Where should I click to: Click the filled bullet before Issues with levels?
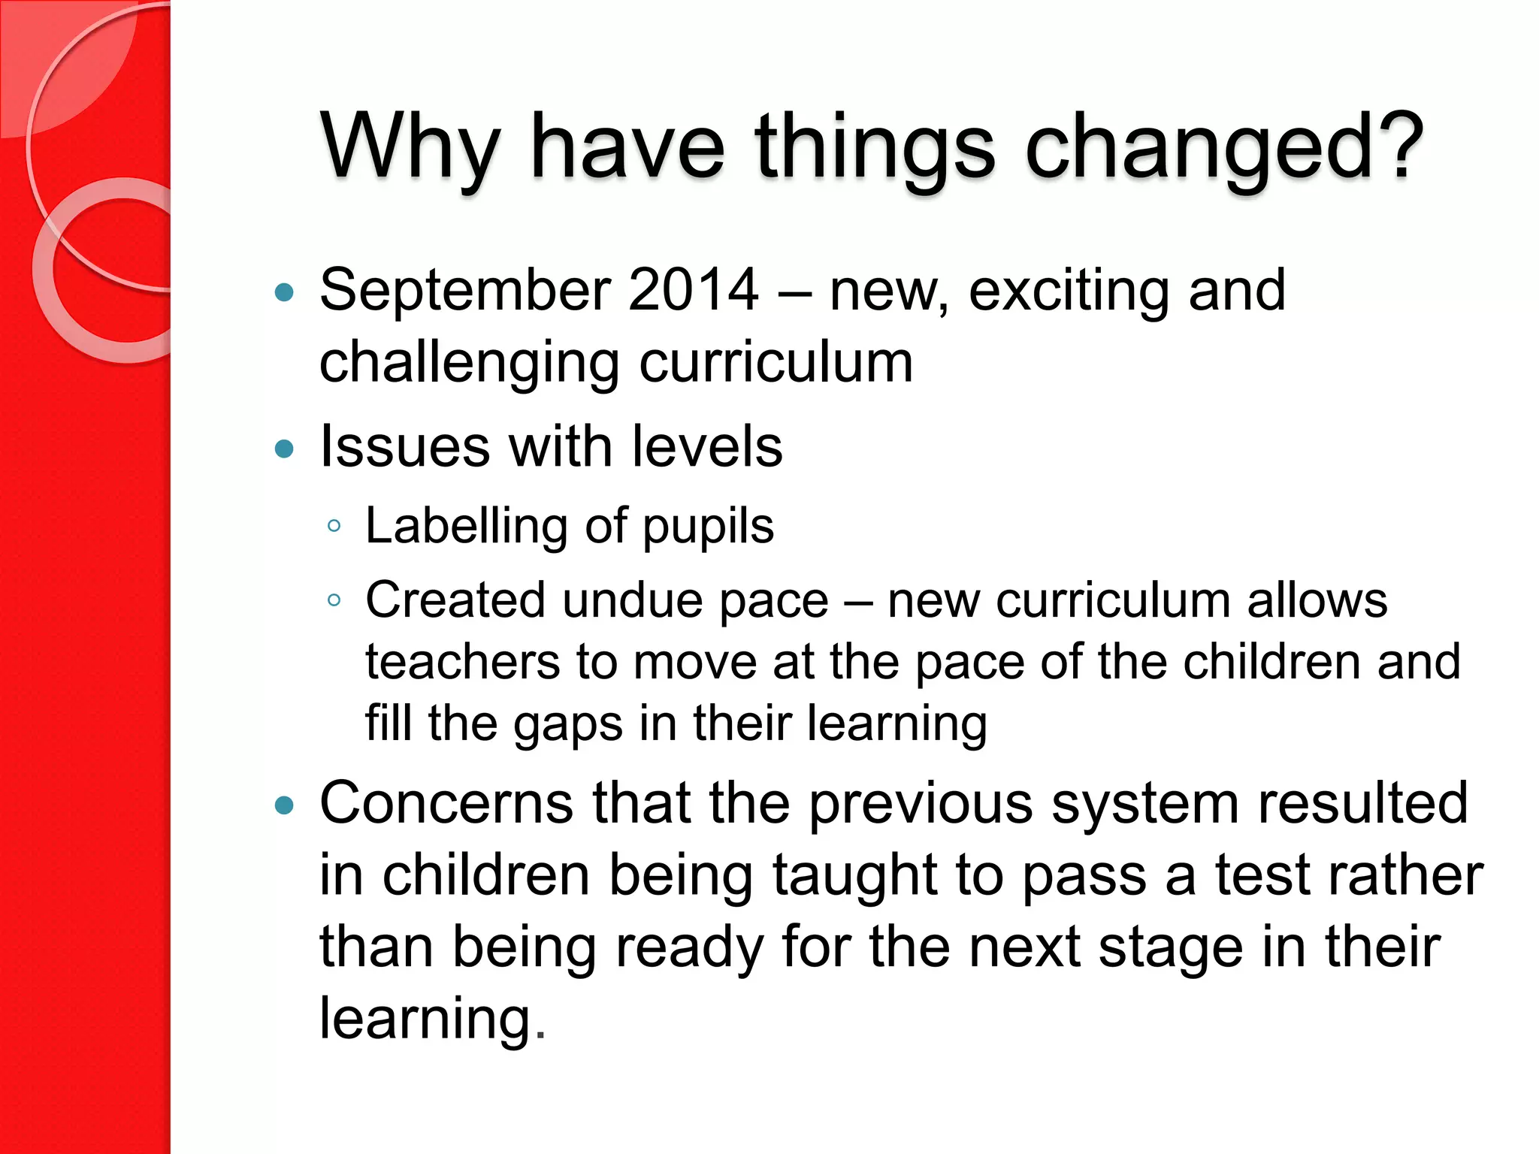point(284,449)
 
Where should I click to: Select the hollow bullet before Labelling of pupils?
point(334,525)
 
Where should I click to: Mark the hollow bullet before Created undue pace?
point(334,600)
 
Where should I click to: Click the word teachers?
point(463,662)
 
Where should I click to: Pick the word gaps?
point(568,724)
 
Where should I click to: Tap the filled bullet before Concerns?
point(284,806)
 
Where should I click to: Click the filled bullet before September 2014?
point(284,292)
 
